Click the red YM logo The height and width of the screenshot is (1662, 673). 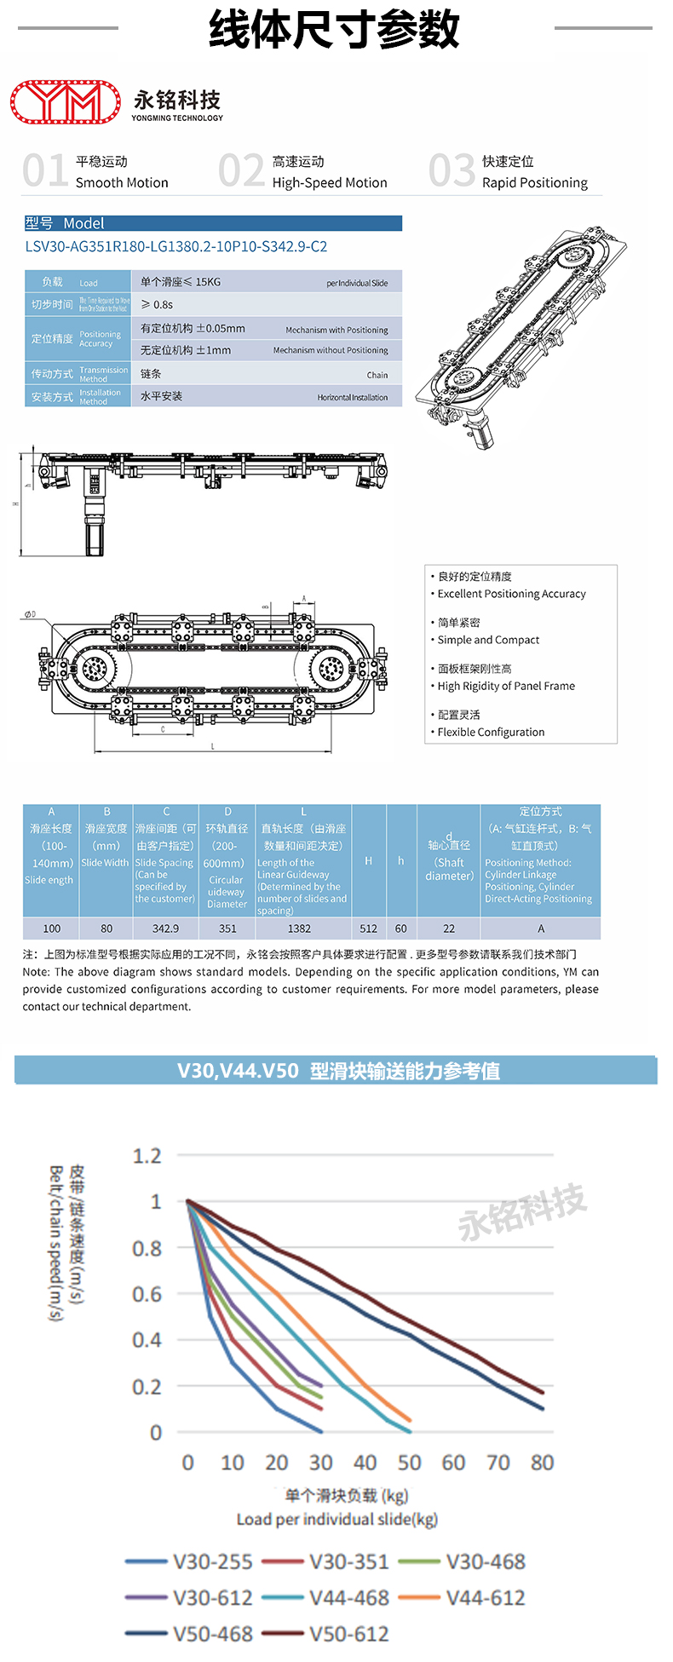point(66,102)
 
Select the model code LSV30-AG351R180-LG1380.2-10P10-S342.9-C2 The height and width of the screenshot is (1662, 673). point(175,247)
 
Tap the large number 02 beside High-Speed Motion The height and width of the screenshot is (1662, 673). point(241,170)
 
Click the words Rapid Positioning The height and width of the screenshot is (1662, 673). point(534,183)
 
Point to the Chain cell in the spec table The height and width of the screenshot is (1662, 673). point(377,375)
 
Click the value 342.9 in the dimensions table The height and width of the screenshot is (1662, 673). point(165,929)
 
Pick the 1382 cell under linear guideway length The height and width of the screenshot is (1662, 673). point(299,929)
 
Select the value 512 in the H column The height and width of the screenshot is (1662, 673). point(368,929)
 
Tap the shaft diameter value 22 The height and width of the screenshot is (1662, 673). point(449,929)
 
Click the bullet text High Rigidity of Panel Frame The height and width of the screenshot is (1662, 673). point(506,686)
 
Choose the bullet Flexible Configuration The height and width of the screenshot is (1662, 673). point(491,732)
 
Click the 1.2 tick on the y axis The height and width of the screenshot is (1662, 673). point(147,1156)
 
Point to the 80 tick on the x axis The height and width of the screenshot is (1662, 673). point(542,1463)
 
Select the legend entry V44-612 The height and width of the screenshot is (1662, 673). point(485,1598)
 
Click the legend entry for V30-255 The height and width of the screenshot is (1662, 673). point(212,1561)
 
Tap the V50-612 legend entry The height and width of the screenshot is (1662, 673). point(348,1634)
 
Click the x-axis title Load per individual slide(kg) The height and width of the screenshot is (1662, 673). point(336,1520)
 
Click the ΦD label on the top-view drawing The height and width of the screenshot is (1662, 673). point(30,614)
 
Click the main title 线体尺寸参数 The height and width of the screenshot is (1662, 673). point(335,29)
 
